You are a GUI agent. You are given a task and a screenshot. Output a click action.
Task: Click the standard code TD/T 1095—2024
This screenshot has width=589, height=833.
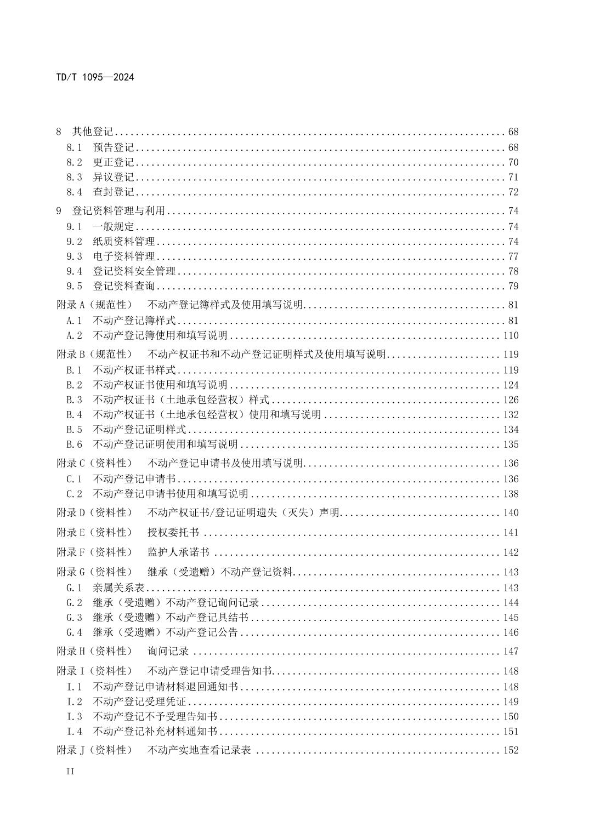click(95, 77)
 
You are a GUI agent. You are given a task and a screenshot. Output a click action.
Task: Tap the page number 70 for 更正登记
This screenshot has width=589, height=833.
click(513, 162)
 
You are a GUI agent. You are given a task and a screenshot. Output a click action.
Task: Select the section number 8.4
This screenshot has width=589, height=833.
click(74, 192)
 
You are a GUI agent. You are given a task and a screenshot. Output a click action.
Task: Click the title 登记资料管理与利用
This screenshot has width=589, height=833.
click(118, 211)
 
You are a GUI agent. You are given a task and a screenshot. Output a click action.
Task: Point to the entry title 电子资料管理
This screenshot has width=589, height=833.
click(124, 256)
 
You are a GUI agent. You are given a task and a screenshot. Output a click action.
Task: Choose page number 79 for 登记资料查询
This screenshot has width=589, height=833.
click(513, 286)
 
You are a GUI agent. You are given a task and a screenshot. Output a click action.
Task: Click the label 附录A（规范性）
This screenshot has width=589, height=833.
click(94, 305)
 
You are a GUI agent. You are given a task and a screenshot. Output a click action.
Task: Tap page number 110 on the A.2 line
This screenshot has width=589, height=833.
click(511, 335)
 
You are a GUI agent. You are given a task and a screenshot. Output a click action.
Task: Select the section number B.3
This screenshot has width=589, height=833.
click(74, 400)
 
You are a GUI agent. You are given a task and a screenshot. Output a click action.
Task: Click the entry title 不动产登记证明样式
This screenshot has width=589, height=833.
click(139, 429)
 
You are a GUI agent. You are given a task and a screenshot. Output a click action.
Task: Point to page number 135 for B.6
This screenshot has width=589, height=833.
click(511, 444)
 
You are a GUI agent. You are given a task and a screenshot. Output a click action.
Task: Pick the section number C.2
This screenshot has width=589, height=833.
click(74, 494)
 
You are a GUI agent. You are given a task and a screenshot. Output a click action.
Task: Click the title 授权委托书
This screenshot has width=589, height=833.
click(173, 532)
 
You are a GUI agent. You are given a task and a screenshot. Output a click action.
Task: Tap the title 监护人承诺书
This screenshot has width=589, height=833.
click(178, 552)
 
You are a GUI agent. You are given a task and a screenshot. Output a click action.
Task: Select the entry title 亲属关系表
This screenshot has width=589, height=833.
click(118, 587)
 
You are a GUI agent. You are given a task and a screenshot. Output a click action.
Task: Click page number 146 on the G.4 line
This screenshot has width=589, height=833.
click(511, 632)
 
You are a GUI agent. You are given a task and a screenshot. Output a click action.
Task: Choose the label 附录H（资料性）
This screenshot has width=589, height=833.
click(94, 651)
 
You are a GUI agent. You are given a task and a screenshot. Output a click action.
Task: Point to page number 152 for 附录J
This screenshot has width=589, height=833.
click(511, 750)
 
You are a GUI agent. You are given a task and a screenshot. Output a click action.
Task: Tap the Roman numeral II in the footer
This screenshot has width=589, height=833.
click(70, 772)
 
